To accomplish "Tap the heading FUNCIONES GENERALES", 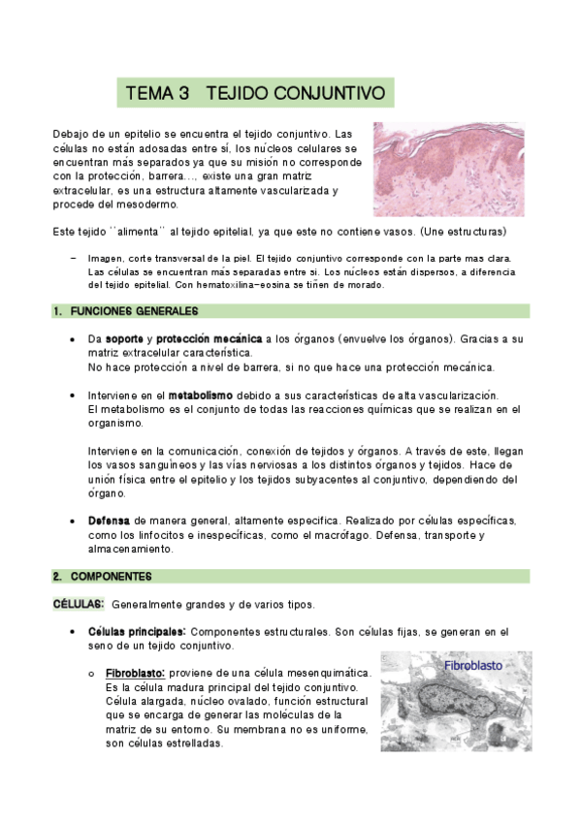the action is click(132, 311).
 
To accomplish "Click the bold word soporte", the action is click(125, 339).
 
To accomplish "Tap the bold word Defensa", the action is click(109, 521).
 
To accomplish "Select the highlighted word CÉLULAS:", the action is click(78, 604).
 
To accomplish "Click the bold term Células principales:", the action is click(129, 632).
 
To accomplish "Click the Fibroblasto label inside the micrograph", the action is click(473, 666).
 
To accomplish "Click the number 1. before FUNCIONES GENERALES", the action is click(57, 311).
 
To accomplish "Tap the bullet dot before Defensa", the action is click(75, 521).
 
